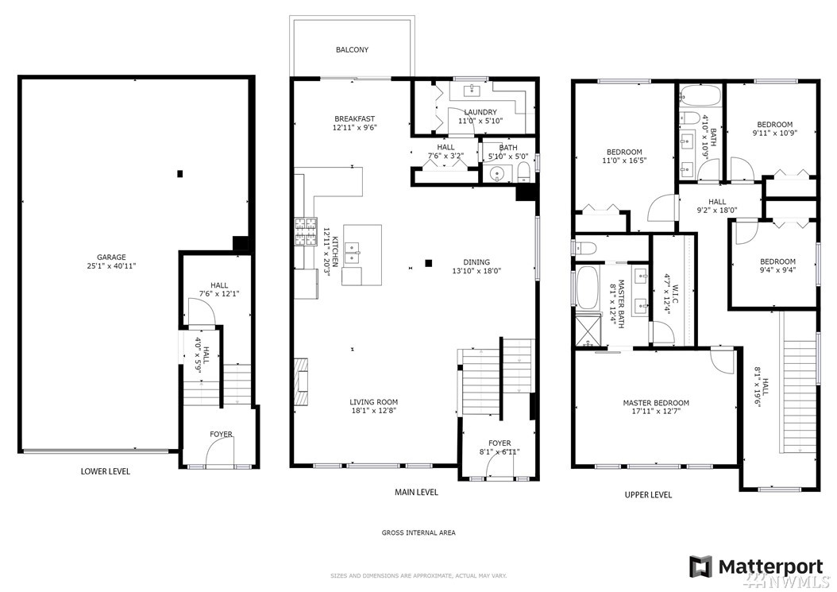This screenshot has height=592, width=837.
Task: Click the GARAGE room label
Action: click(x=111, y=257)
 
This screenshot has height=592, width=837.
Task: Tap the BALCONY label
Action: click(x=353, y=50)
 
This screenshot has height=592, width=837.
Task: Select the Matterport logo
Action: click(x=756, y=567)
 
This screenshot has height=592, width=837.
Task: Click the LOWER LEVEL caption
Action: click(x=105, y=471)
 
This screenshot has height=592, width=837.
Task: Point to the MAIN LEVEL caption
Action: click(x=416, y=492)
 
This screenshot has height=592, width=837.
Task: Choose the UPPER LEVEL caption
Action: click(x=648, y=495)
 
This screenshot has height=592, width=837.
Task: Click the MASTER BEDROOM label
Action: click(x=656, y=403)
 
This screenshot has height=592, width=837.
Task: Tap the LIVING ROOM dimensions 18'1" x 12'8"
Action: click(x=374, y=411)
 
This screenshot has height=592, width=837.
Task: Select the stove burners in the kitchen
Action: click(x=304, y=232)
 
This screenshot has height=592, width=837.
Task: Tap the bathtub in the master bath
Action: click(x=587, y=288)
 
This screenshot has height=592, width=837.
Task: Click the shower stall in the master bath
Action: click(x=587, y=331)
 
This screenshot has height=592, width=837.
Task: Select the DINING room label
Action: click(x=476, y=261)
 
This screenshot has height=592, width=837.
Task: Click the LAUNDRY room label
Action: click(x=480, y=112)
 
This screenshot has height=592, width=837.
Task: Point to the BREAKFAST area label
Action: click(x=354, y=118)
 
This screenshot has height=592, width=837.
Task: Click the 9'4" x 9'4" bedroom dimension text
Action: click(x=777, y=270)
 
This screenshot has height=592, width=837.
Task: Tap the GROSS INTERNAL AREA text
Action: click(x=418, y=532)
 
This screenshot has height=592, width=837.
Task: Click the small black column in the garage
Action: click(x=180, y=174)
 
